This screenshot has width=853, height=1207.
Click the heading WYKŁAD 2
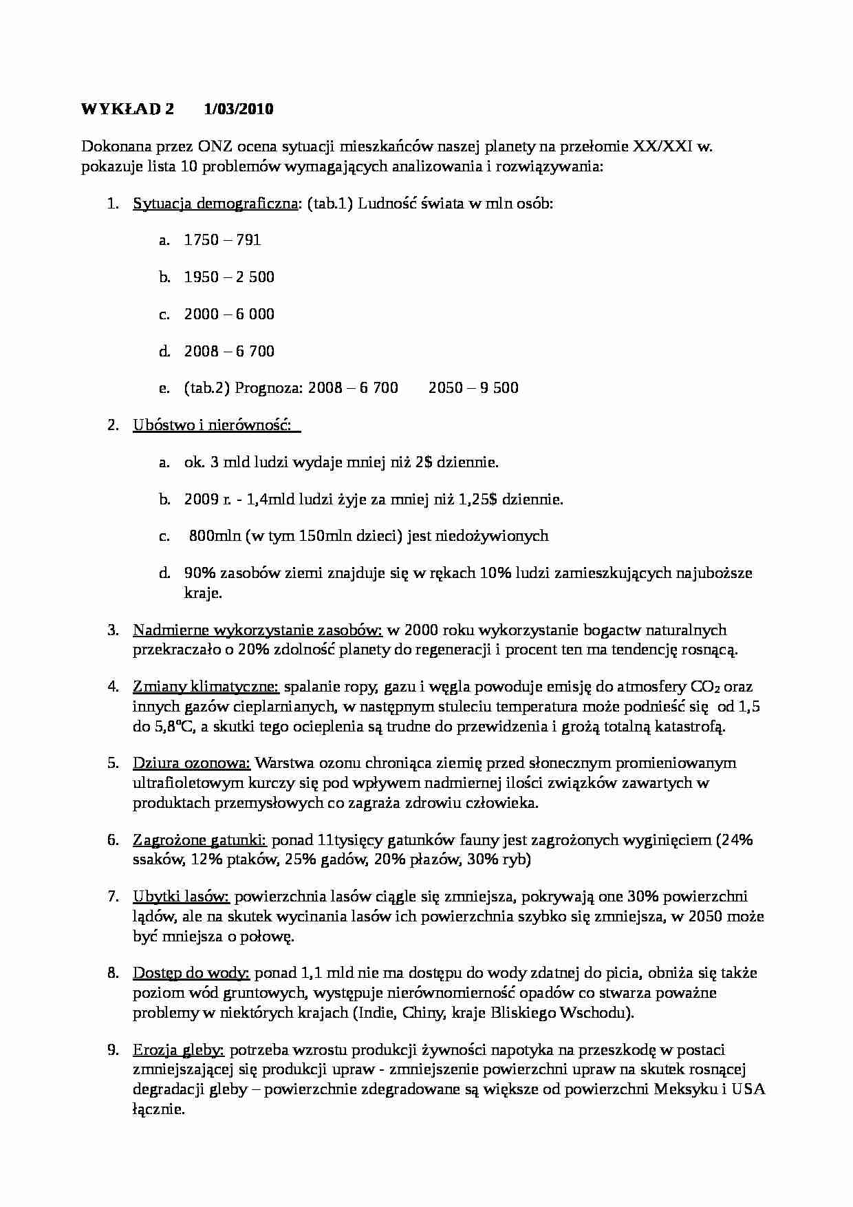coord(128,109)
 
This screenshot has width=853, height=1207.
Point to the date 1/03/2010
coord(239,109)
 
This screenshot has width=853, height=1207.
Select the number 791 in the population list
coord(248,240)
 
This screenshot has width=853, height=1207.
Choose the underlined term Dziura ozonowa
coord(191,763)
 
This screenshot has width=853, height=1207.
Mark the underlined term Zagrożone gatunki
coord(199,840)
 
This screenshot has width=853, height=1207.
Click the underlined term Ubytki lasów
coord(181,897)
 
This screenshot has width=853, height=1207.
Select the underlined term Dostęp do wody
coord(191,973)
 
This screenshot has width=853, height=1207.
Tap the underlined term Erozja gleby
coord(178,1050)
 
